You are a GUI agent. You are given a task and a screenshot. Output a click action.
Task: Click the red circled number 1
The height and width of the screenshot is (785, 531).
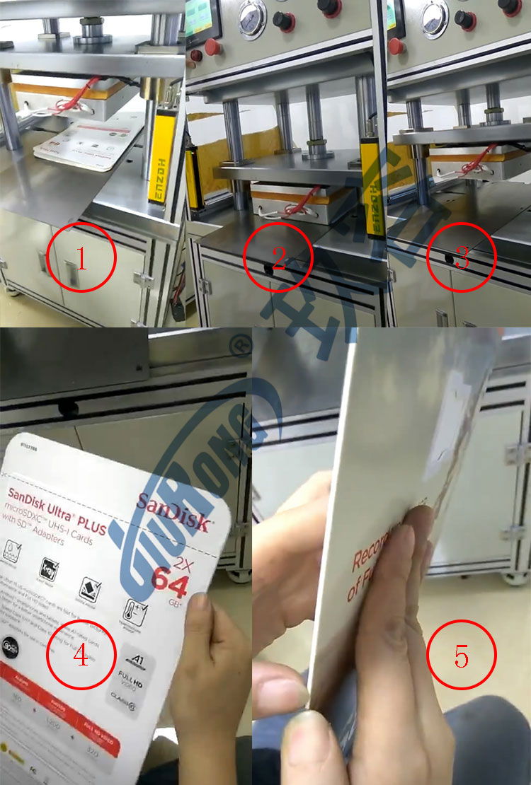tap(81, 260)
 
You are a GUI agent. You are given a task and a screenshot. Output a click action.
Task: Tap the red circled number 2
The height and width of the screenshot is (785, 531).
tap(278, 260)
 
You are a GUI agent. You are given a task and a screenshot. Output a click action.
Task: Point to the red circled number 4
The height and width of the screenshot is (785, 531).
tap(81, 656)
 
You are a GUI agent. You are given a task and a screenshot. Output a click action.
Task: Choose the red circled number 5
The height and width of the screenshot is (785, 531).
tap(462, 657)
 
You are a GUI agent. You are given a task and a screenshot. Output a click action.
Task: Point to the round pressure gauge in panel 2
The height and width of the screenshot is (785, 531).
tap(253, 15)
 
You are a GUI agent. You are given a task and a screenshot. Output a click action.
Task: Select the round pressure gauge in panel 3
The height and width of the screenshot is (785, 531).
tap(433, 15)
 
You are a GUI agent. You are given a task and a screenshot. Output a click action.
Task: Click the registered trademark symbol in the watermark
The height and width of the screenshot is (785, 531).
tap(244, 346)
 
